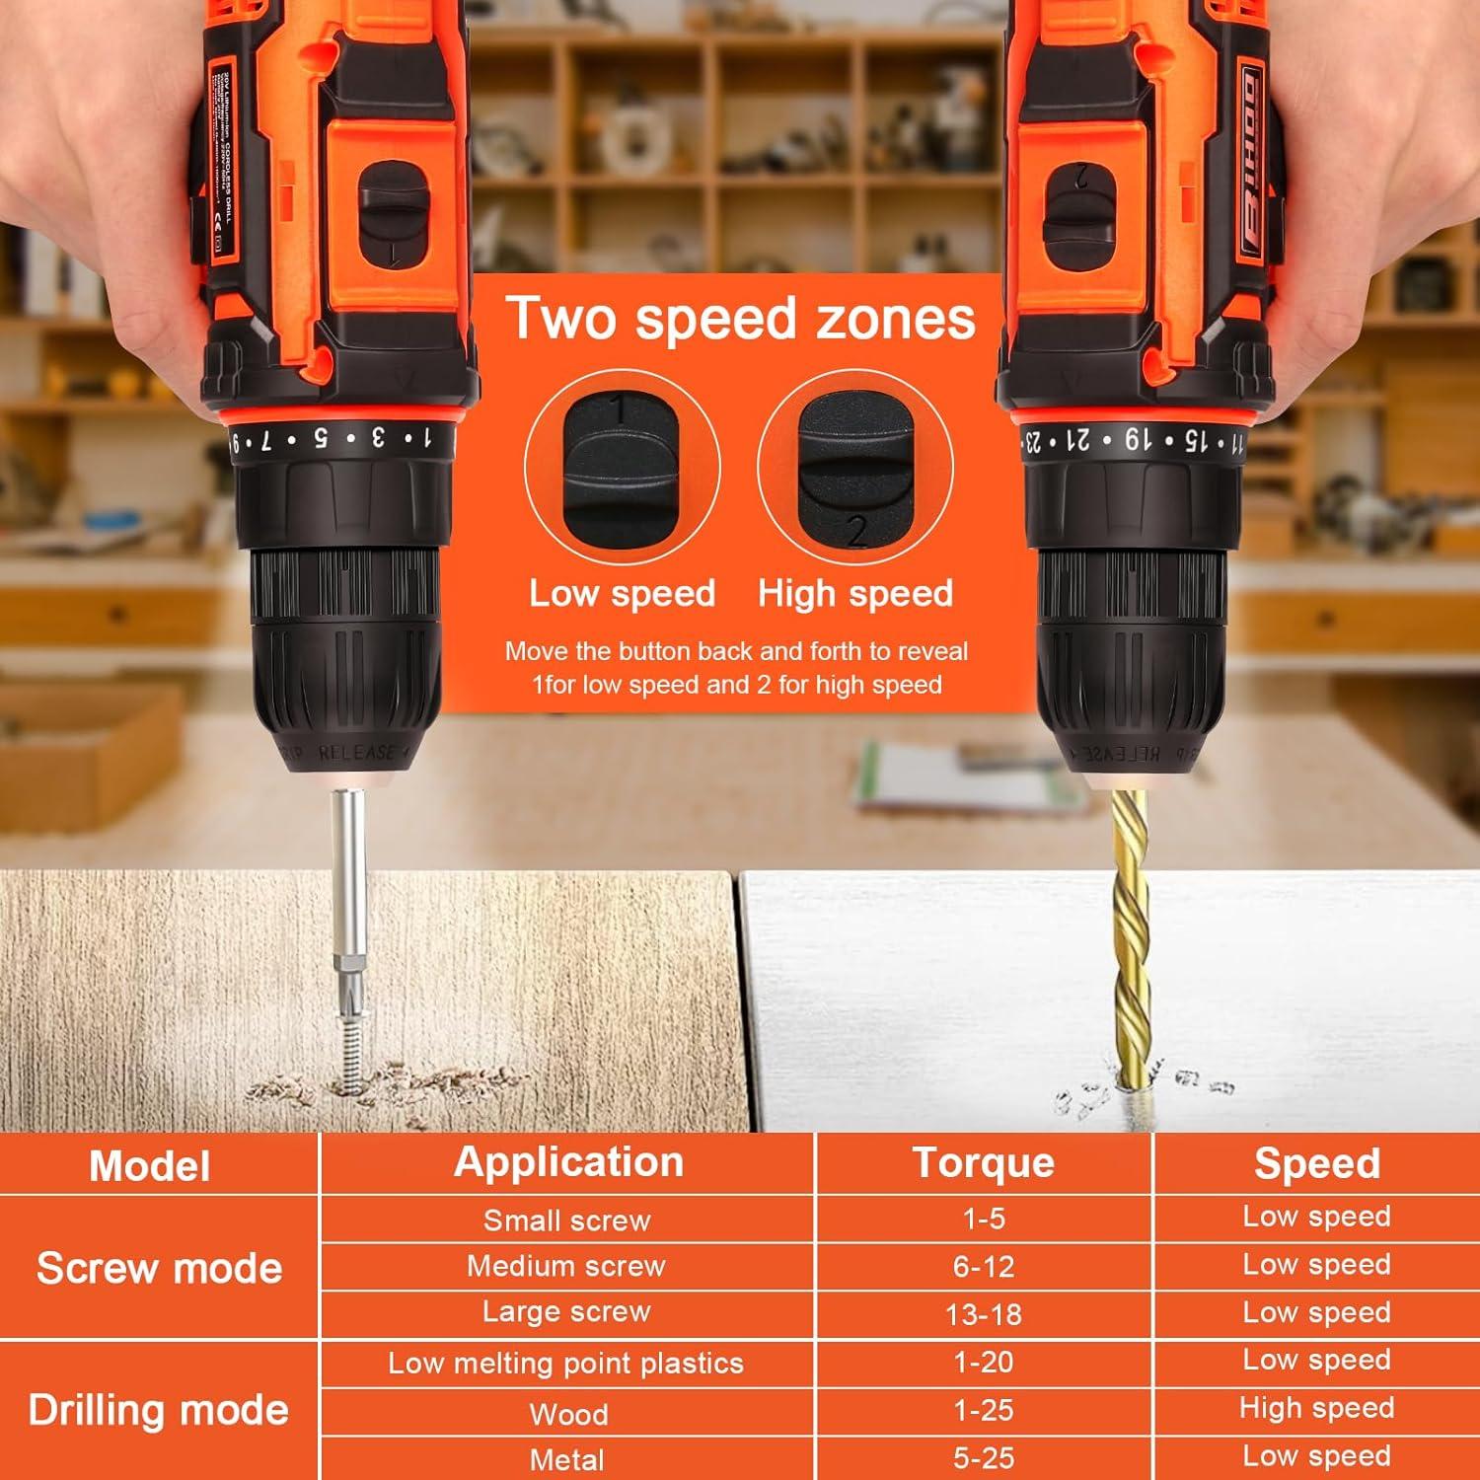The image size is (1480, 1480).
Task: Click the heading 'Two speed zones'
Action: pyautogui.click(x=740, y=319)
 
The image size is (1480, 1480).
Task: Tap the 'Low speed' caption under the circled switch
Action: pyautogui.click(x=622, y=593)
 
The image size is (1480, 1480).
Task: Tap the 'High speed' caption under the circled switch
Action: pyautogui.click(x=855, y=593)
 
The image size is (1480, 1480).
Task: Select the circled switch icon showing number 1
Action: pyautogui.click(x=622, y=467)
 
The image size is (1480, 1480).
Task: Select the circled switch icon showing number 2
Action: pyautogui.click(x=855, y=467)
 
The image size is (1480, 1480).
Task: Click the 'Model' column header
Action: pyautogui.click(x=150, y=1165)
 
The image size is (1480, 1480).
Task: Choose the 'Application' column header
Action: pyautogui.click(x=568, y=1162)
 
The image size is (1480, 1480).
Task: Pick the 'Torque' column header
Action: pyautogui.click(x=983, y=1162)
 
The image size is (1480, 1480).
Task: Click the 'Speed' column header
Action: pyautogui.click(x=1316, y=1163)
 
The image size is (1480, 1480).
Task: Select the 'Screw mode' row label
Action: pyautogui.click(x=159, y=1268)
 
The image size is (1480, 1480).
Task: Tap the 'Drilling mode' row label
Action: pyautogui.click(x=159, y=1410)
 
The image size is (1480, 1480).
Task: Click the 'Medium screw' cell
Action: pyautogui.click(x=566, y=1266)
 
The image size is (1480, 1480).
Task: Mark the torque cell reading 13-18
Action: pyautogui.click(x=983, y=1313)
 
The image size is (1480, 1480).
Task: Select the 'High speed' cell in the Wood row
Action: pyautogui.click(x=1316, y=1408)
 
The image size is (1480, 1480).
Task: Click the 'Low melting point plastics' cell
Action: pyautogui.click(x=566, y=1363)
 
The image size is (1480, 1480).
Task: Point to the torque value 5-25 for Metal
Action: pyautogui.click(x=983, y=1457)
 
